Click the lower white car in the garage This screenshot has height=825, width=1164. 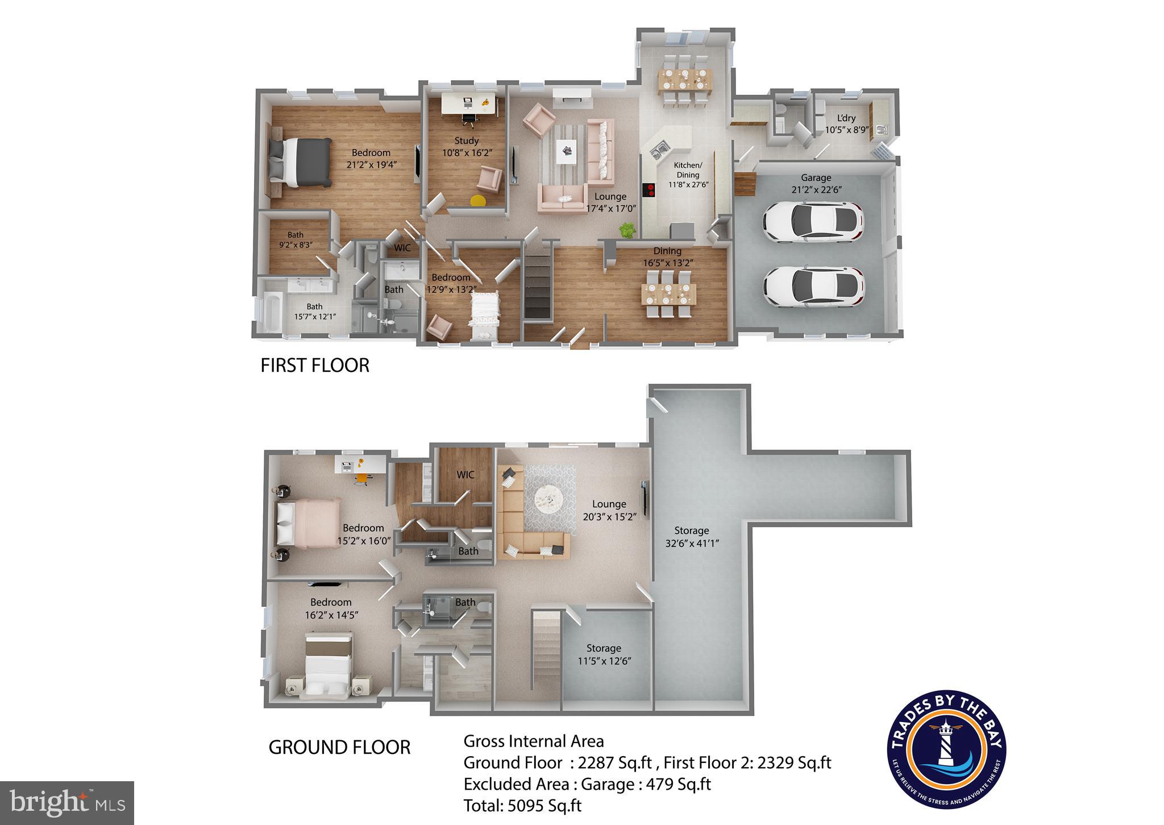[813, 287]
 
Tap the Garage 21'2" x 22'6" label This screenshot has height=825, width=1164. [816, 184]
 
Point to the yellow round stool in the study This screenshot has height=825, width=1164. [478, 200]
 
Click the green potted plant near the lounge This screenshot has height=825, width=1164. [627, 230]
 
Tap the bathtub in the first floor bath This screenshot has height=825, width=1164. [271, 312]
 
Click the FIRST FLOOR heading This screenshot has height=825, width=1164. [314, 365]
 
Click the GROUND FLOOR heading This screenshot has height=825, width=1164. [339, 747]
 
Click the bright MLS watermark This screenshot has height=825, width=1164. [67, 802]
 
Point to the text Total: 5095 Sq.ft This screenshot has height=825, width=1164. [522, 805]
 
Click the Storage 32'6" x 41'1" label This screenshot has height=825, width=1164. [692, 536]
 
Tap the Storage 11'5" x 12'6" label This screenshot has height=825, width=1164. [604, 654]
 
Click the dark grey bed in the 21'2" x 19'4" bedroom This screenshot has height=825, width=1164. [300, 163]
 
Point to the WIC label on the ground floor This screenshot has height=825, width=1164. [465, 475]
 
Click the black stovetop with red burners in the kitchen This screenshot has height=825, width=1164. [648, 190]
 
